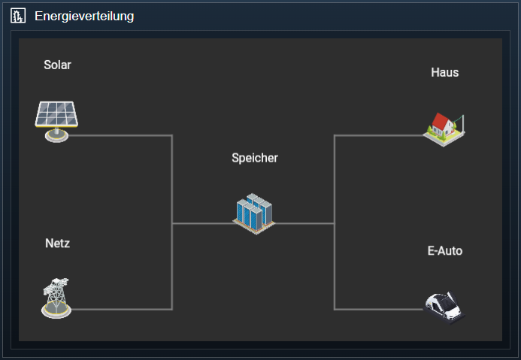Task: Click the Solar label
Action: pos(57,65)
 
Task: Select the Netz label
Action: pos(57,244)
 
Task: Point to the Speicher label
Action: pos(255,158)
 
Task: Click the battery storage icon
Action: pos(253,212)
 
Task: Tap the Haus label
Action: pos(445,73)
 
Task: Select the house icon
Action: pos(444,128)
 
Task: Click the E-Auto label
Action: pos(445,251)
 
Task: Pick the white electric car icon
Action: pos(444,306)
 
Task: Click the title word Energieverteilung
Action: pos(84,16)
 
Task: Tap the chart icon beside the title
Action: pos(18,16)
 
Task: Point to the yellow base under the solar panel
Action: pos(56,136)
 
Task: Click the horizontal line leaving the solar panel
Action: pos(120,135)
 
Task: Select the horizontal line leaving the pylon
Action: pos(120,309)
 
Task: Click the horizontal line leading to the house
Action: pos(376,135)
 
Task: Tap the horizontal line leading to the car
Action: pos(376,309)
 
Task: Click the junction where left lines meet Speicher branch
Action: pos(172,223)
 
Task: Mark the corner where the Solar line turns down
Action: pos(172,135)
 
